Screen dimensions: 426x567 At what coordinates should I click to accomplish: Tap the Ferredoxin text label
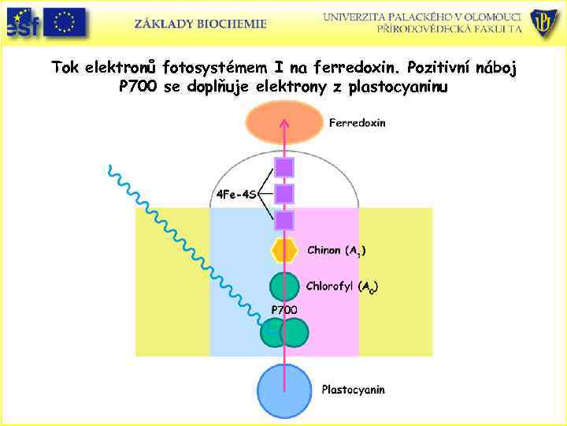click(x=357, y=124)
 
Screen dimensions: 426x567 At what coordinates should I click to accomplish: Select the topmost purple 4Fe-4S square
click(x=284, y=167)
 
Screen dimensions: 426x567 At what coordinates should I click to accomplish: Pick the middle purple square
click(x=284, y=193)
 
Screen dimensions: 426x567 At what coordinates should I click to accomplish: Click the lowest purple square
click(x=284, y=220)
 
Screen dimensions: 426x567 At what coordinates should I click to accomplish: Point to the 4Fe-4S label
click(x=235, y=195)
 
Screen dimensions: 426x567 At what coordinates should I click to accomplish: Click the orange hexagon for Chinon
click(x=284, y=250)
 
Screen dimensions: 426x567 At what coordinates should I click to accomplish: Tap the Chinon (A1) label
click(x=336, y=251)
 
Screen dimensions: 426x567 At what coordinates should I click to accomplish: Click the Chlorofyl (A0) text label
click(x=342, y=287)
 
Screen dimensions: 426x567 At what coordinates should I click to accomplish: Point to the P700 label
click(x=284, y=310)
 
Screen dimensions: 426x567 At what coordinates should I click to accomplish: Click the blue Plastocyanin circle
click(x=284, y=390)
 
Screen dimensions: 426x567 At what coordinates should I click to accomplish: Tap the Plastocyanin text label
click(x=353, y=390)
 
